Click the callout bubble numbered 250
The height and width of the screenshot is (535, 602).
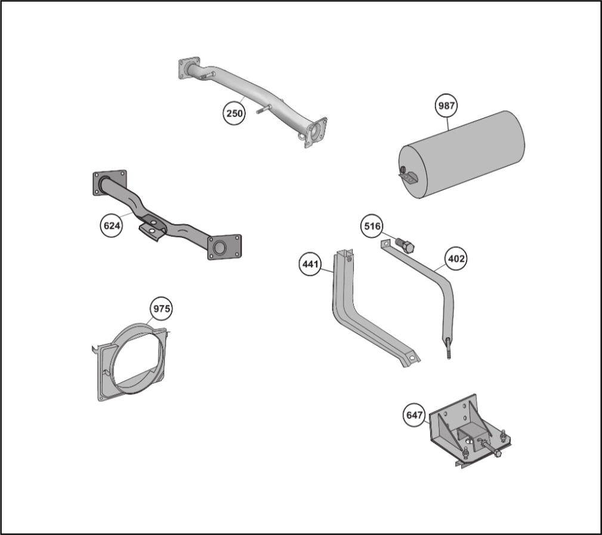[234, 113]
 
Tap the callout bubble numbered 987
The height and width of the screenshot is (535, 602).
[446, 106]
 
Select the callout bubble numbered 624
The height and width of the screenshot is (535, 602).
[112, 225]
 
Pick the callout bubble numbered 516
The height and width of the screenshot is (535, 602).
[372, 226]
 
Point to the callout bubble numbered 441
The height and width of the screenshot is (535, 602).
[310, 264]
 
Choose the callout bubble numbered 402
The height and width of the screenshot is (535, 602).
[456, 259]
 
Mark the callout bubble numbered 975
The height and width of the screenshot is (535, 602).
[161, 308]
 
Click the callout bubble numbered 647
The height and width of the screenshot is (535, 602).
[414, 415]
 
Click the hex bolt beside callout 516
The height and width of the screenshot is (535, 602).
[403, 245]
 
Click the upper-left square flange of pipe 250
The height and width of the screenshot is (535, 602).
[189, 68]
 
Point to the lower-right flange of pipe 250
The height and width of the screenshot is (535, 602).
[316, 132]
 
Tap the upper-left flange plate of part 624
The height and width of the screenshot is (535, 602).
[109, 183]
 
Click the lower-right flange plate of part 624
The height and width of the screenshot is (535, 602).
[224, 247]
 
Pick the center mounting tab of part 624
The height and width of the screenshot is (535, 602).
[152, 229]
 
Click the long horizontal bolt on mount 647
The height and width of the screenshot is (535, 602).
[490, 449]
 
